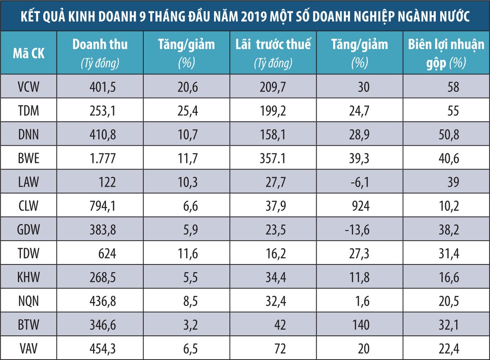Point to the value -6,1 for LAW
pyautogui.click(x=359, y=182)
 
